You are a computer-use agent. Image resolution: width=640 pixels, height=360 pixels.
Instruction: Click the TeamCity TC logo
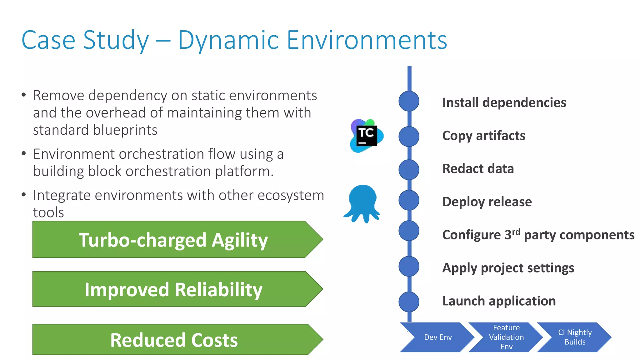(x=366, y=136)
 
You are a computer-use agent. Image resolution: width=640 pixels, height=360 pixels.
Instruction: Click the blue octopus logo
(x=362, y=203)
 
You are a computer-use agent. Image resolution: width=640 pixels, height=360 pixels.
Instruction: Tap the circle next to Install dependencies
(x=409, y=101)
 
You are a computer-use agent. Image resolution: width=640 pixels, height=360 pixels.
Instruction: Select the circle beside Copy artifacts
(x=409, y=137)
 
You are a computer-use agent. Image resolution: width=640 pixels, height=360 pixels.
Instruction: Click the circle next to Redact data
(x=409, y=170)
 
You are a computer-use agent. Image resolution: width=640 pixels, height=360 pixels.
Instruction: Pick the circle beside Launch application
(x=409, y=302)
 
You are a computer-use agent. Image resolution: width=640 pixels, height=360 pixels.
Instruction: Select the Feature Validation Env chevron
(x=506, y=337)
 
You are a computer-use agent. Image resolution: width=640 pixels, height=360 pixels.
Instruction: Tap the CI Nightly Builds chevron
(x=574, y=337)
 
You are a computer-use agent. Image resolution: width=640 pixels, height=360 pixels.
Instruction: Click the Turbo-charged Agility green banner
(x=173, y=240)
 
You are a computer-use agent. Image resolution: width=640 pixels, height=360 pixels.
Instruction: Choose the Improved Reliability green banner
(x=173, y=289)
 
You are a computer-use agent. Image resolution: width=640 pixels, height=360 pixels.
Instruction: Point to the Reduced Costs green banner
(x=173, y=340)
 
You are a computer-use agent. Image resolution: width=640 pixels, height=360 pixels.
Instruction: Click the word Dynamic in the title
(x=228, y=41)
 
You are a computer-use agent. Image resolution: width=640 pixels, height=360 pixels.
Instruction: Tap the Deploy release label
(x=487, y=202)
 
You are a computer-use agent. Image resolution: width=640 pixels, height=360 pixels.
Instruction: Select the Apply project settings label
(x=508, y=268)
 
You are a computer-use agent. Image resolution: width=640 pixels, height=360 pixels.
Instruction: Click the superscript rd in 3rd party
(x=516, y=232)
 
